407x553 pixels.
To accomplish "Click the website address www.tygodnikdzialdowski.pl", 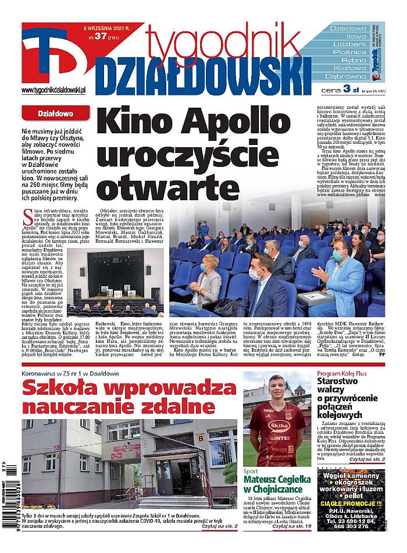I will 53,90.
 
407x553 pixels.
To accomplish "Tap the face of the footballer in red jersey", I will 277,387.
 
